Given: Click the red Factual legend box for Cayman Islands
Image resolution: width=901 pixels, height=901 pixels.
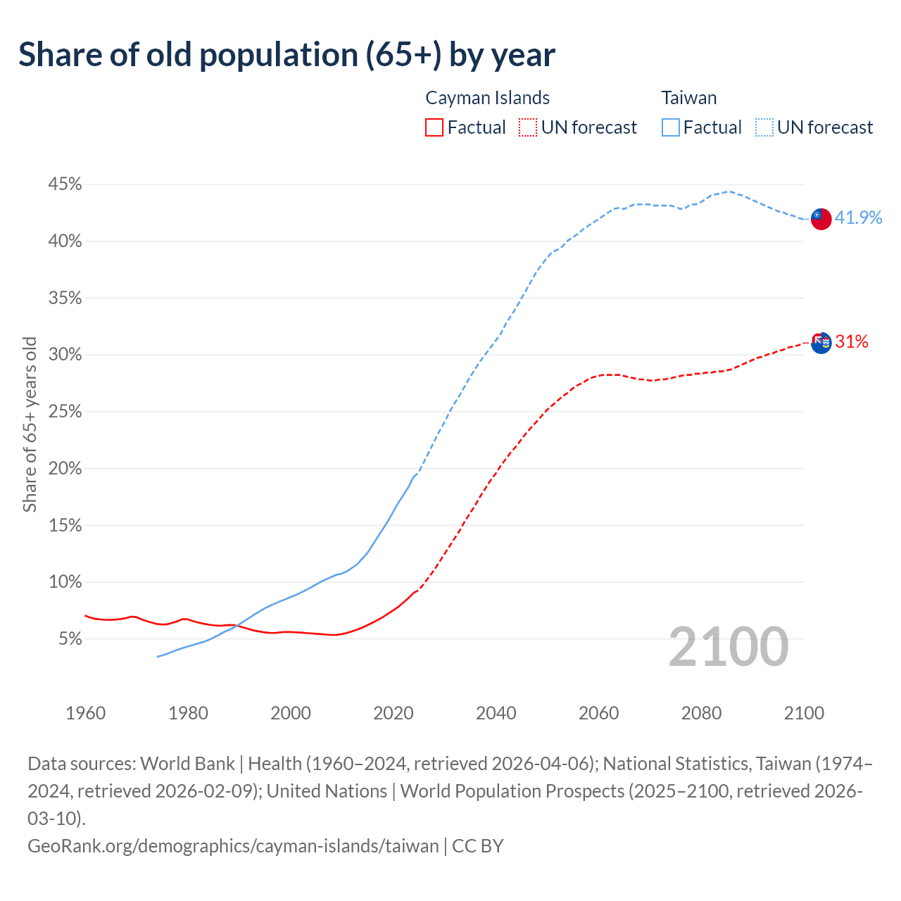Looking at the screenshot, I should tap(434, 127).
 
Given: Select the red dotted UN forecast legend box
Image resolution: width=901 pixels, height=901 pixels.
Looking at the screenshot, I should tap(527, 127).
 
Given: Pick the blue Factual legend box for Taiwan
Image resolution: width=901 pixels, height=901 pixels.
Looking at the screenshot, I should tap(671, 127).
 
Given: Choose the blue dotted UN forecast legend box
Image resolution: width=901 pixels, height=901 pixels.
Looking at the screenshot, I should tap(764, 127).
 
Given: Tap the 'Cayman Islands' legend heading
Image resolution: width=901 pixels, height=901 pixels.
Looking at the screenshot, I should tap(487, 98).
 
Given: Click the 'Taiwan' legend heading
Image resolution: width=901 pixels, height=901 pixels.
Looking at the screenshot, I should tap(688, 98).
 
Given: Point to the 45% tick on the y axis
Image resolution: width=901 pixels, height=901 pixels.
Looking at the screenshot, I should tap(65, 184).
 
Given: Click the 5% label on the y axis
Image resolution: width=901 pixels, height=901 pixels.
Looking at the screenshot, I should tap(70, 639).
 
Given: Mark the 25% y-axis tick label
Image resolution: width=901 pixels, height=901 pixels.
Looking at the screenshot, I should tap(65, 412).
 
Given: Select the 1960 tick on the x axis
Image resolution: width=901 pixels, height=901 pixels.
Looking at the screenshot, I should tap(86, 713).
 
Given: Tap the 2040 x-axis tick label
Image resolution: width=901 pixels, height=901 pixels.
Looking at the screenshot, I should tap(496, 713).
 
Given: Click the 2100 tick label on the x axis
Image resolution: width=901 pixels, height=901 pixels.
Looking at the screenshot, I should tap(804, 713).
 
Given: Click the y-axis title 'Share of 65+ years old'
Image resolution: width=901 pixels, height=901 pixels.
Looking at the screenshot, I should tap(30, 424).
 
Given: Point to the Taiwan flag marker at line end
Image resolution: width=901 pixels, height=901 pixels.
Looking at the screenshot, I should tap(821, 219).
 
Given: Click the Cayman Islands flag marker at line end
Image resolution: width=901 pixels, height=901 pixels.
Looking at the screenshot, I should tap(821, 343).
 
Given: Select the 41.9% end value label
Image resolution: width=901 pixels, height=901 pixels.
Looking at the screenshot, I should tap(858, 218).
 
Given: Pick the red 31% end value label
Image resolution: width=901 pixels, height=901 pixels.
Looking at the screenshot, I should tap(852, 342).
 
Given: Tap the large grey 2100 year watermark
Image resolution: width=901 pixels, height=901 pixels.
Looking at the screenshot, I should tap(729, 646).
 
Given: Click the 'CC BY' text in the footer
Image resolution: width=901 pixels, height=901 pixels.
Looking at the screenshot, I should tap(478, 845).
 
